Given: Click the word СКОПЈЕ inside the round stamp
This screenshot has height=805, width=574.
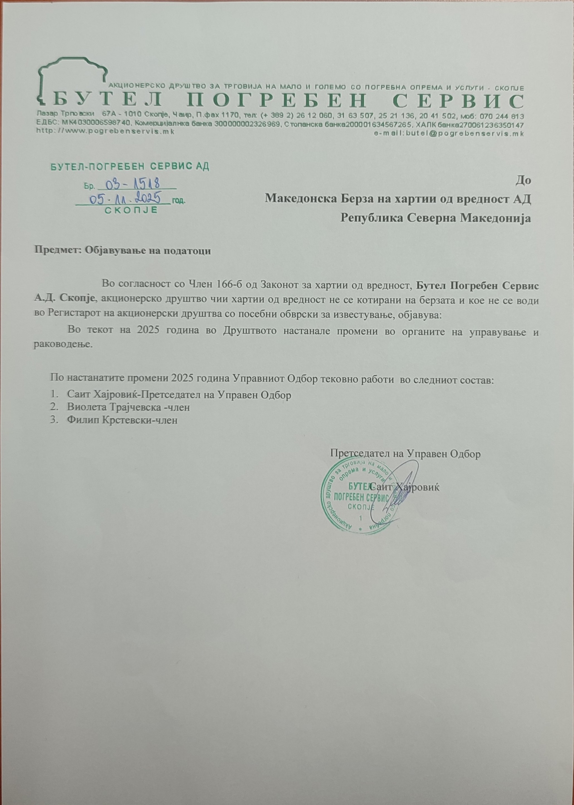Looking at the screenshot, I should [x=360, y=507].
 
